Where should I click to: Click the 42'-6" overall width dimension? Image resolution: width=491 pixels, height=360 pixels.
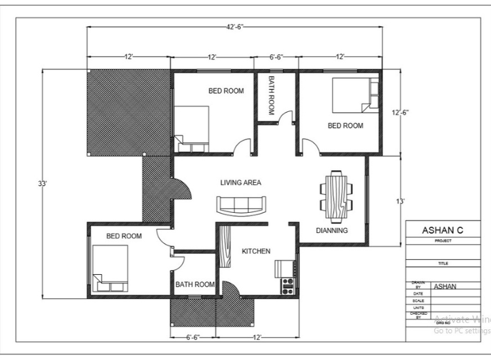click(x=234, y=26)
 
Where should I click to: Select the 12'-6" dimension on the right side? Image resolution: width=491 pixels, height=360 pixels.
click(x=400, y=112)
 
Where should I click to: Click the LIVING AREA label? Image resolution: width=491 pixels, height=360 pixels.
click(x=240, y=183)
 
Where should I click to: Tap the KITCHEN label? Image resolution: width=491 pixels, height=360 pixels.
click(x=256, y=251)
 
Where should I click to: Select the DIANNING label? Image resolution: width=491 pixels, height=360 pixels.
click(x=331, y=230)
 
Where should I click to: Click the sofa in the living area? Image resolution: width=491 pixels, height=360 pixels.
click(x=242, y=205)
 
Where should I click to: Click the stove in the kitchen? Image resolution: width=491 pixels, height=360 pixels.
click(x=287, y=285)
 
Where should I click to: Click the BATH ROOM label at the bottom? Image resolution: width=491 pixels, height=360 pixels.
click(x=194, y=285)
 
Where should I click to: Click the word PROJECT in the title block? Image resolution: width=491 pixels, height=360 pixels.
click(x=443, y=240)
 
